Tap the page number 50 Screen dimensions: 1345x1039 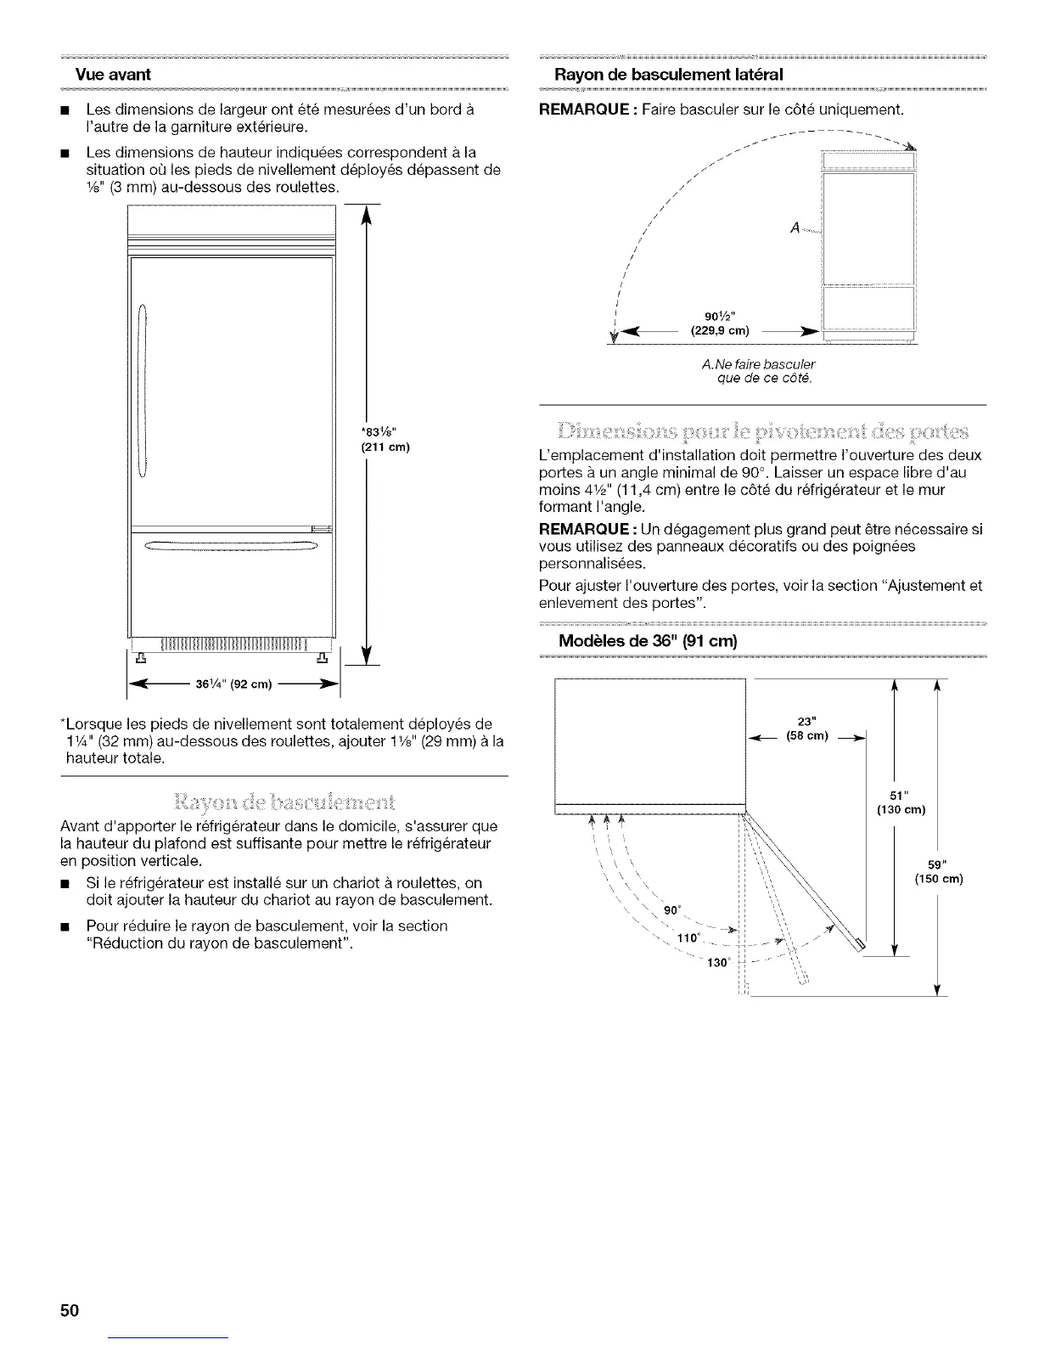point(69,1310)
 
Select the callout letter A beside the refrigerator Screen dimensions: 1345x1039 point(795,227)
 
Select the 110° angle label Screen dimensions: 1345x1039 point(687,937)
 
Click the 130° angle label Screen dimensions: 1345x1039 point(718,963)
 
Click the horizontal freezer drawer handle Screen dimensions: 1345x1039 point(231,545)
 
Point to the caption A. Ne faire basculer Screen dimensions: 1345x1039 point(759,365)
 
